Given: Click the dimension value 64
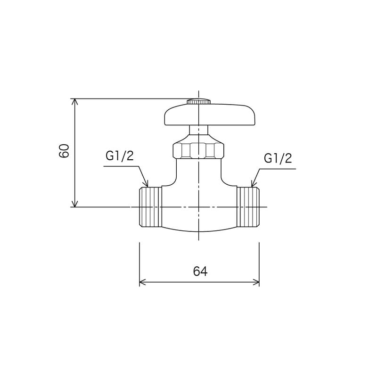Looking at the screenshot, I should pyautogui.click(x=200, y=271).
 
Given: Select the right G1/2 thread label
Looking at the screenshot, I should pyautogui.click(x=278, y=158).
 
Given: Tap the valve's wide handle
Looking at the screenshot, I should pyautogui.click(x=209, y=116).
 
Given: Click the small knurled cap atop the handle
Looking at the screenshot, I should pyautogui.click(x=198, y=101).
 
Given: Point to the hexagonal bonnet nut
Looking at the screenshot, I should pyautogui.click(x=198, y=150).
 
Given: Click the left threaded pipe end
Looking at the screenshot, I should pyautogui.click(x=151, y=207).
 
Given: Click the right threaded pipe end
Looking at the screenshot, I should pyautogui.click(x=247, y=207).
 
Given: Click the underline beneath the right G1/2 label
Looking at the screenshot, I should pyautogui.click(x=278, y=168).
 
